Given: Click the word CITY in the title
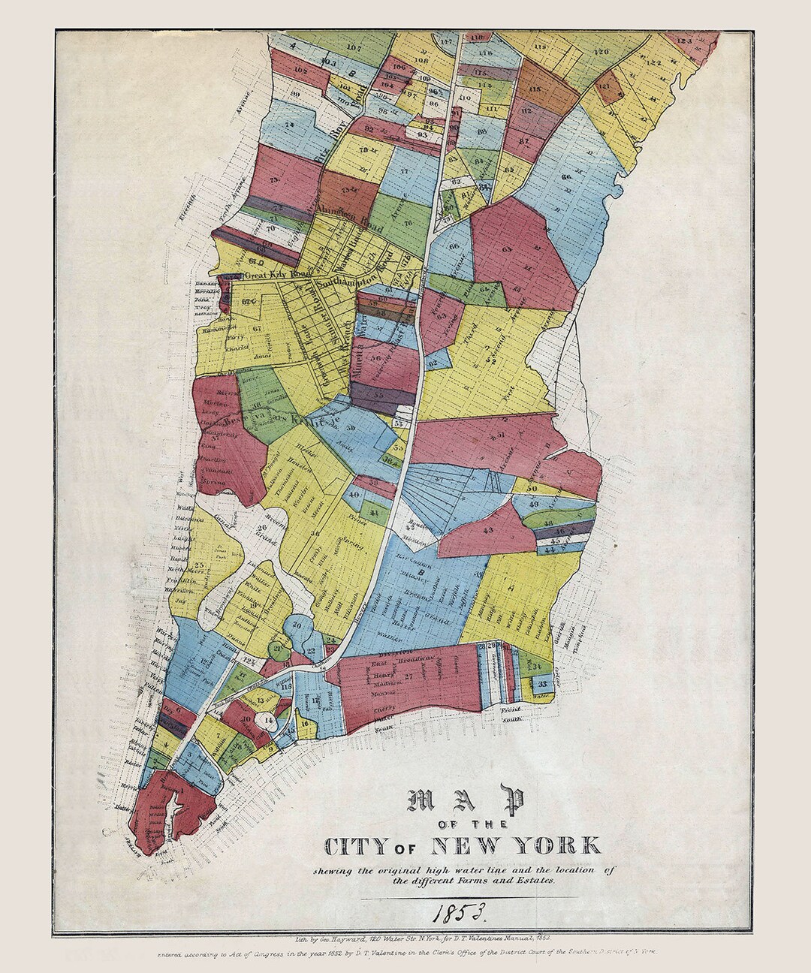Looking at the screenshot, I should point(349,846).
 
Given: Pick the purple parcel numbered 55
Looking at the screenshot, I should point(379,393).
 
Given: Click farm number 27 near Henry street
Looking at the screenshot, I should point(409,676).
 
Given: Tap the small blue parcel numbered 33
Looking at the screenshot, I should point(542,684).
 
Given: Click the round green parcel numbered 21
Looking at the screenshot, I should point(278,649).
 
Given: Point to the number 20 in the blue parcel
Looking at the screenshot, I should point(297,625).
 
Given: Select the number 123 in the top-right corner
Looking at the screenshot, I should point(683,41).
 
